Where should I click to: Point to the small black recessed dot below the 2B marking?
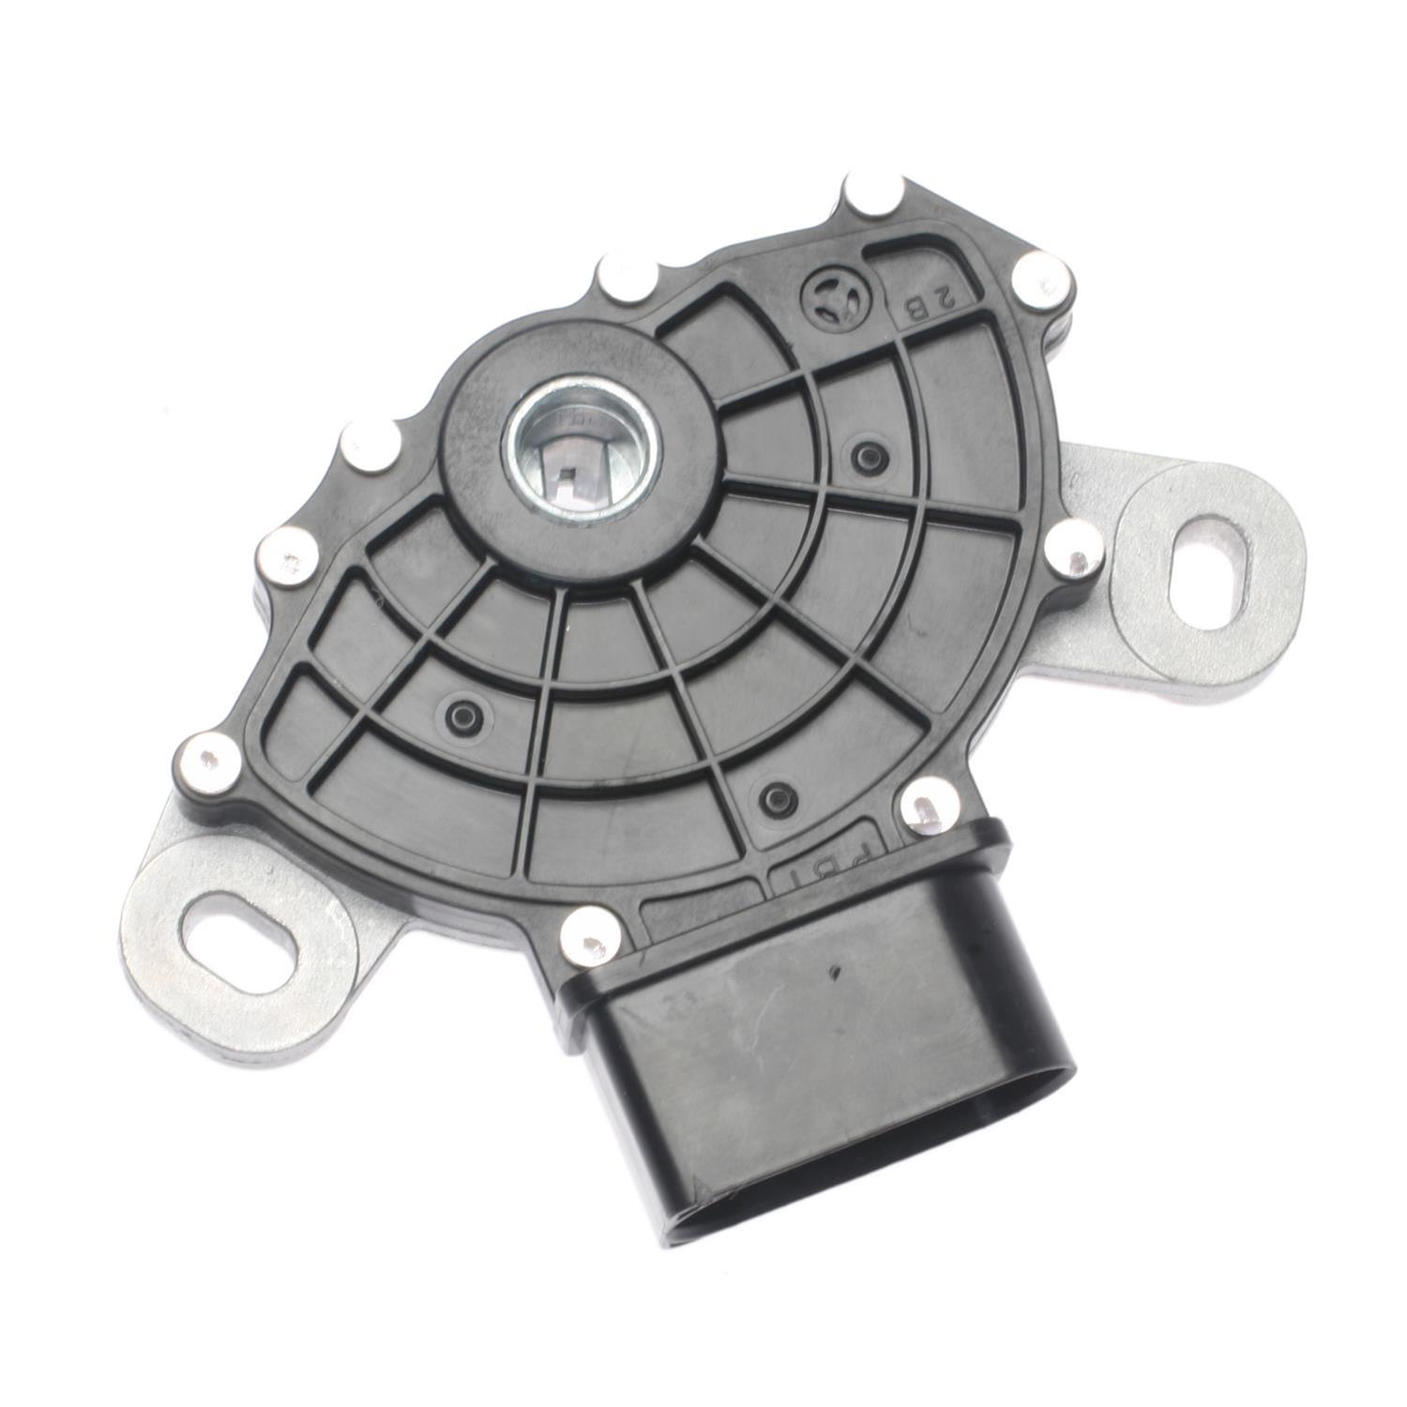tap(864, 455)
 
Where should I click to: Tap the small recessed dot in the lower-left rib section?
tap(461, 712)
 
